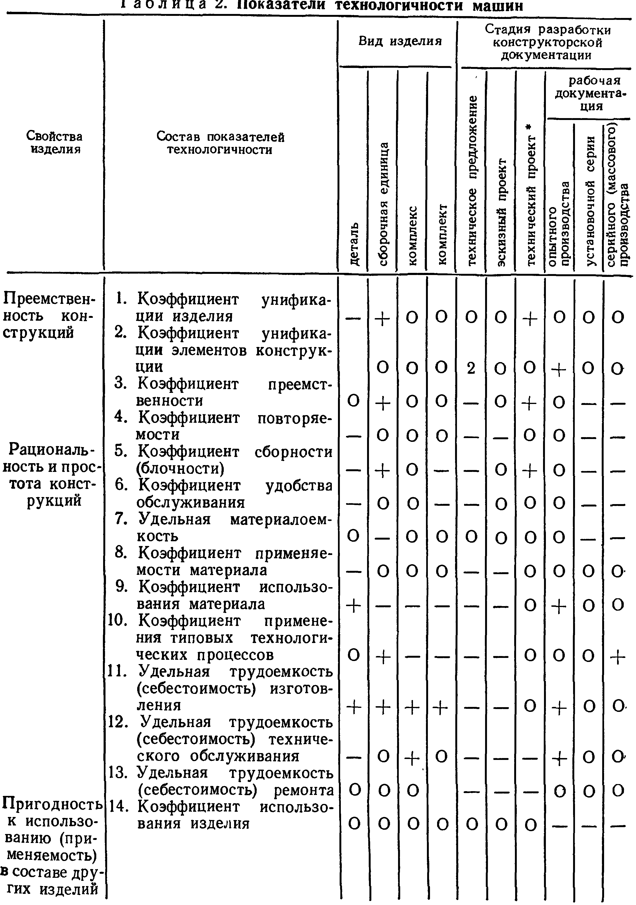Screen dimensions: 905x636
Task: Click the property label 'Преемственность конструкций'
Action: coord(49,316)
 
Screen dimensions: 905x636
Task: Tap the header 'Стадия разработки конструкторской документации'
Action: coord(547,42)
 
